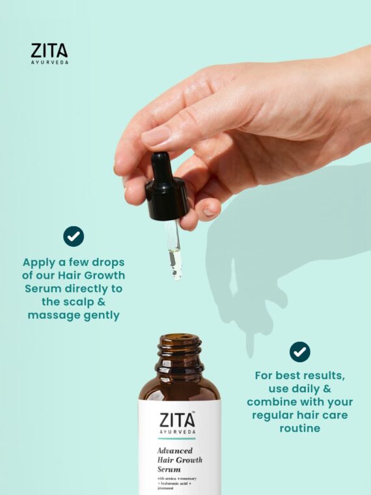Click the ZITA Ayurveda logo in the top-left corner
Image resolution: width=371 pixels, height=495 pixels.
49,53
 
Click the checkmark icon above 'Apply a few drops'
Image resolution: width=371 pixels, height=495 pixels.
74,236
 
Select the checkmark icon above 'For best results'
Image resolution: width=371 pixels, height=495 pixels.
299,352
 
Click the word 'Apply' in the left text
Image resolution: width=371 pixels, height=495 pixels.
41,262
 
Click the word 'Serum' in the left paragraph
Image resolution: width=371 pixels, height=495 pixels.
43,289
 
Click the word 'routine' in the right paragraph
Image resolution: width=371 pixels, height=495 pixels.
299,429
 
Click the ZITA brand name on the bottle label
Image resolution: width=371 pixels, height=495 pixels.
176,420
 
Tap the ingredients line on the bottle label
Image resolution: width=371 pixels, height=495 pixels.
178,483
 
